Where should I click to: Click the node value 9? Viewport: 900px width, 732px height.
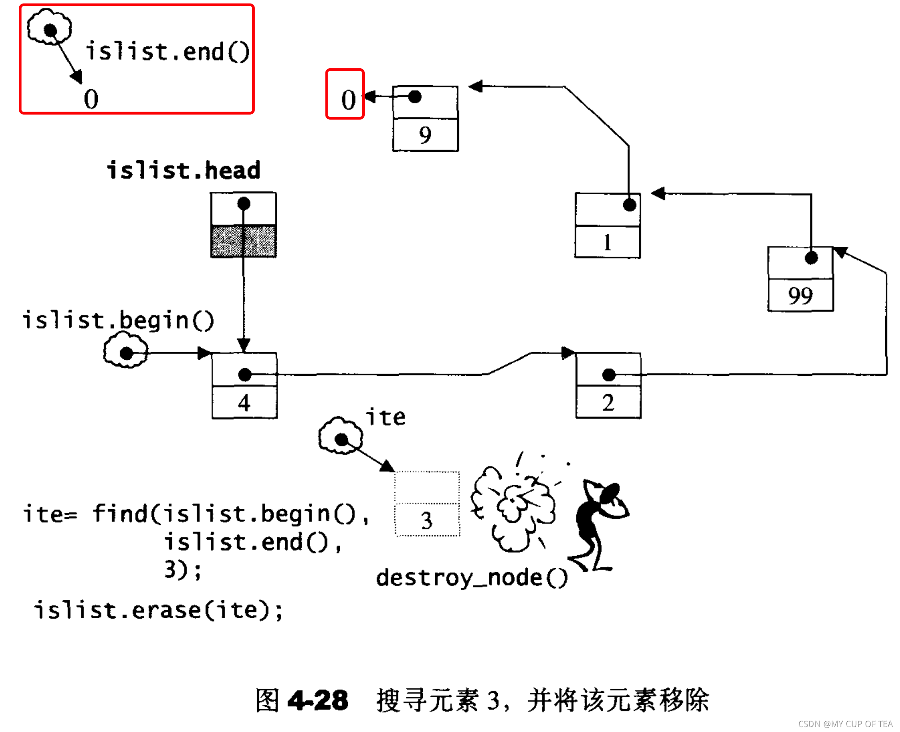(x=425, y=135)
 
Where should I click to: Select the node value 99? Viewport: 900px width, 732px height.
(x=800, y=295)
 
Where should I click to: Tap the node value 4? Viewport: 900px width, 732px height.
(x=244, y=403)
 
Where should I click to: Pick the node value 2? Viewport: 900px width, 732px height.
(x=608, y=403)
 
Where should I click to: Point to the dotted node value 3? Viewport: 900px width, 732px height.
(x=427, y=520)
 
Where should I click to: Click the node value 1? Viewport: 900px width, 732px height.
(x=607, y=243)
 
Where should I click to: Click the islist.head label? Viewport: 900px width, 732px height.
(x=183, y=171)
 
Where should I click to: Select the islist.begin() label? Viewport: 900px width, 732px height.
(x=118, y=320)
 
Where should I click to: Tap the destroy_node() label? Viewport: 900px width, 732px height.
(x=471, y=578)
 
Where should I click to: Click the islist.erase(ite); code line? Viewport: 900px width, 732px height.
(x=158, y=610)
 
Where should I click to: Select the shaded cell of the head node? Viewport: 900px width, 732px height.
(x=243, y=241)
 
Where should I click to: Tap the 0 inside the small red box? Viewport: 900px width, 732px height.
(x=348, y=100)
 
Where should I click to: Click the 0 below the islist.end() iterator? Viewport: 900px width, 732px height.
(x=91, y=99)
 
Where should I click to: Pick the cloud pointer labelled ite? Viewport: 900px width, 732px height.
(x=341, y=436)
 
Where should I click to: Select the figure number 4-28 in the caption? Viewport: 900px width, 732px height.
(x=317, y=700)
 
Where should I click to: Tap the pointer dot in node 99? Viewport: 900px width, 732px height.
(x=811, y=258)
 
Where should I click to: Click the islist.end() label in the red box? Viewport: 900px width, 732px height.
(x=167, y=52)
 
